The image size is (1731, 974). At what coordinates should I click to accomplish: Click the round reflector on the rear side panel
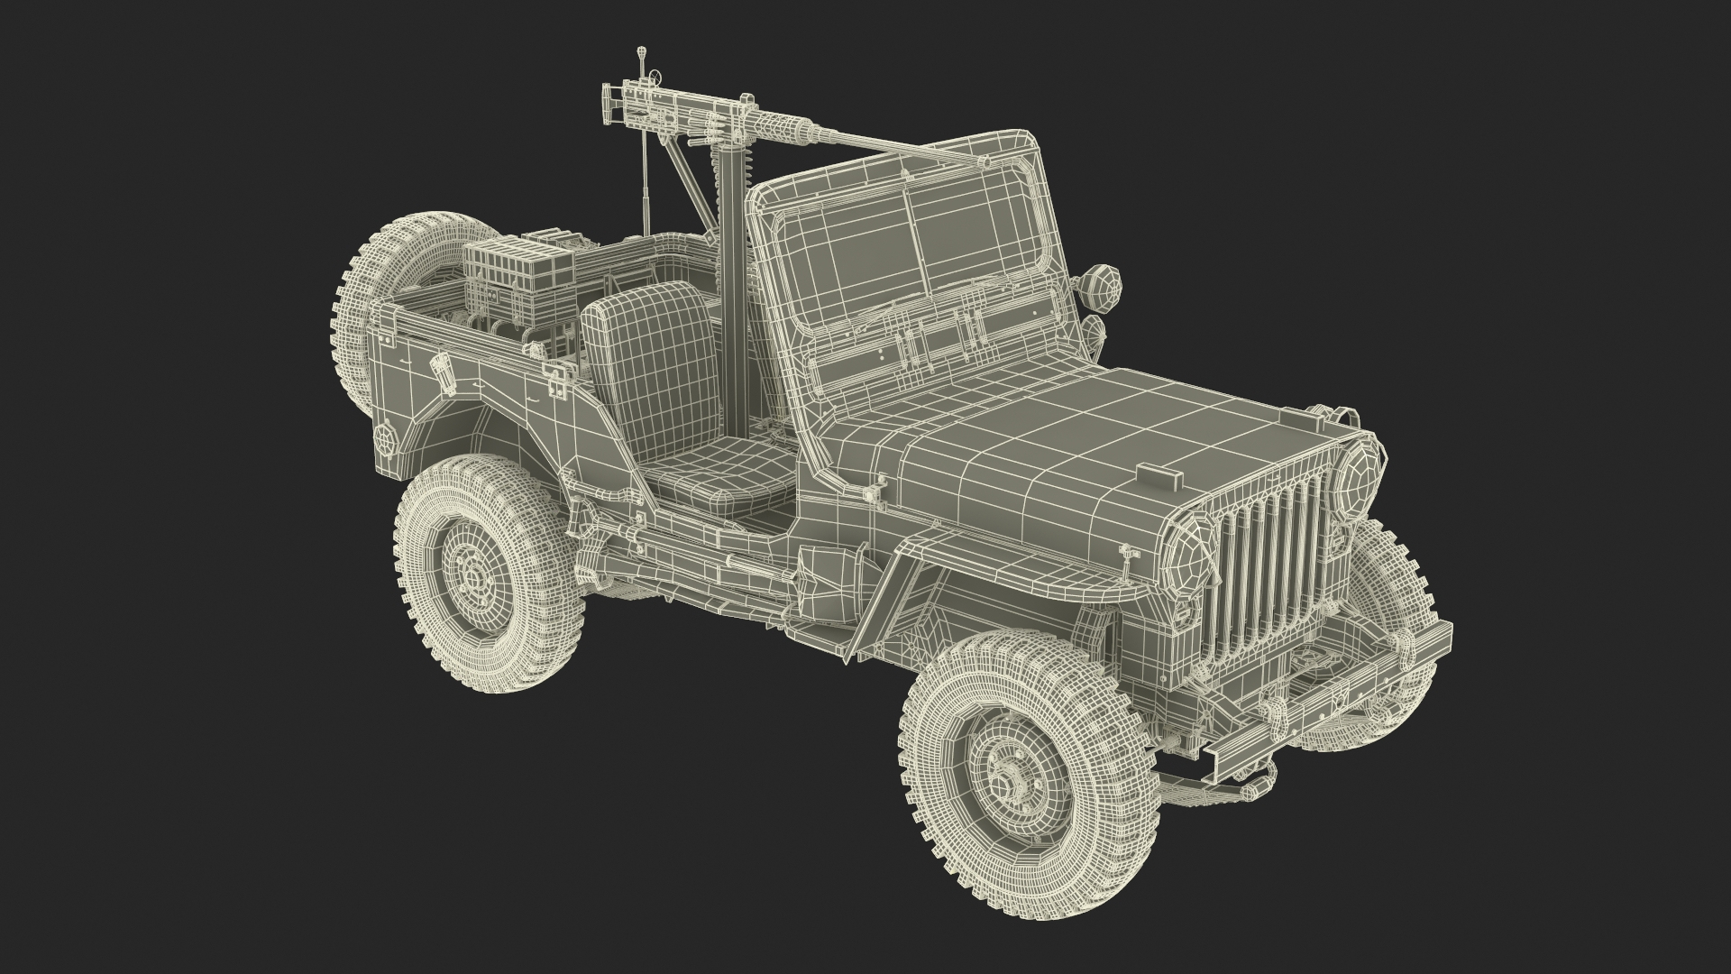coord(386,441)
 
